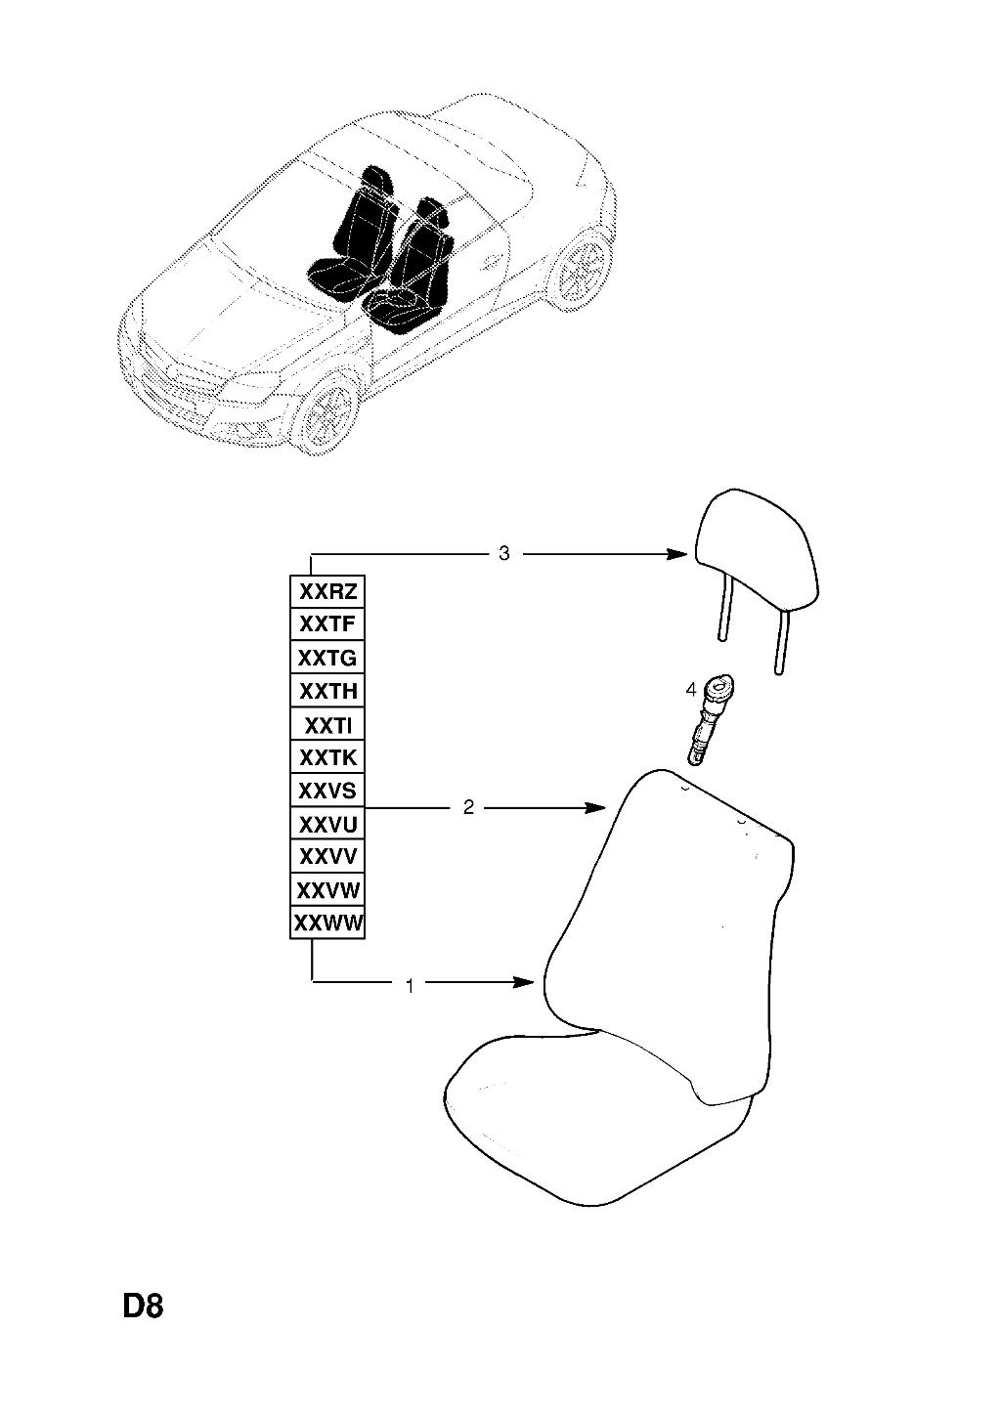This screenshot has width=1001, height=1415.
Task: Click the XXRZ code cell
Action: click(x=327, y=591)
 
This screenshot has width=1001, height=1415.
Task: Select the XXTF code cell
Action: click(x=327, y=624)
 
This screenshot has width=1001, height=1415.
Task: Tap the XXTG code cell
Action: click(x=327, y=658)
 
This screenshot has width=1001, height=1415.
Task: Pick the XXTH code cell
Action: click(x=327, y=691)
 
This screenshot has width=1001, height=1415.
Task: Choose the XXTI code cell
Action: click(x=327, y=724)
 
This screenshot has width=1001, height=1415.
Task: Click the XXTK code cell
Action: click(x=327, y=756)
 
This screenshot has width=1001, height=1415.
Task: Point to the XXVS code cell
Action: click(x=327, y=791)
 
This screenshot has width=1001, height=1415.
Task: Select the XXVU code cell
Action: click(x=327, y=823)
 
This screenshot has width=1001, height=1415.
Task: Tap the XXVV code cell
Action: click(x=327, y=856)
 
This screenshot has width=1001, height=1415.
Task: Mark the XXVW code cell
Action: click(x=327, y=889)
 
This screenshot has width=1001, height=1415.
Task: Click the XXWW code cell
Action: click(x=327, y=922)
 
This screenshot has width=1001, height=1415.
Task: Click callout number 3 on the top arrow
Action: click(x=503, y=553)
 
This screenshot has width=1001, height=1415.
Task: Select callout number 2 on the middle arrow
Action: click(x=468, y=806)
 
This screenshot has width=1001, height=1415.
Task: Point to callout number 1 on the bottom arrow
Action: click(x=410, y=985)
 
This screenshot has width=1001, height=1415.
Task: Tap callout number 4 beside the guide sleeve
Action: click(x=691, y=690)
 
